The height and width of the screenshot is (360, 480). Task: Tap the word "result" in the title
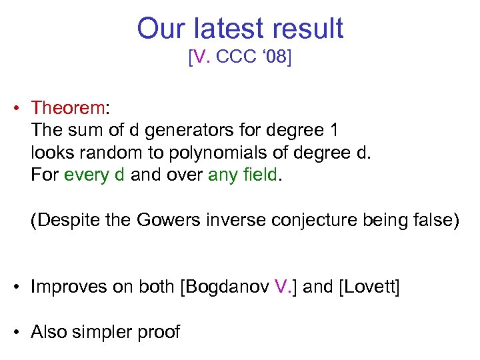306,29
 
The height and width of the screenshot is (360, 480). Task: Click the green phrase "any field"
242,176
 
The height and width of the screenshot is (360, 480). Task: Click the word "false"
436,221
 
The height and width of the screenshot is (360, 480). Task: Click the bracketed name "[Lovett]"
369,287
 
